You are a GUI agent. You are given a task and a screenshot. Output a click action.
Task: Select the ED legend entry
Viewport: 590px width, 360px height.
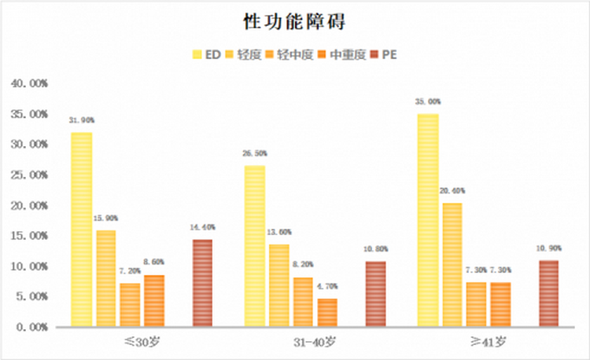pyautogui.click(x=206, y=54)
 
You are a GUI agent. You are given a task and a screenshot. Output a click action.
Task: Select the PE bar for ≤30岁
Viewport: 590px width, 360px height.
pyautogui.click(x=202, y=283)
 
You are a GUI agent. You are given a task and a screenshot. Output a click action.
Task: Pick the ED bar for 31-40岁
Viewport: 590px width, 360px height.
pyautogui.click(x=255, y=246)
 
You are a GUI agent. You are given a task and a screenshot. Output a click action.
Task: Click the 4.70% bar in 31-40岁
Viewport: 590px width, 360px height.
pyautogui.click(x=327, y=312)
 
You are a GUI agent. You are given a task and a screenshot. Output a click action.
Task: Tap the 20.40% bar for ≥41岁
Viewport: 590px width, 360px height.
pyautogui.click(x=452, y=264)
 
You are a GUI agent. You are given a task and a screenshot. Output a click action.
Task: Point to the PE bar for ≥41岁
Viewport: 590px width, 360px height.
pyautogui.click(x=548, y=293)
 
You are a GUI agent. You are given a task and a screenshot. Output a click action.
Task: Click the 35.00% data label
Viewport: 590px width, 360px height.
pyautogui.click(x=428, y=102)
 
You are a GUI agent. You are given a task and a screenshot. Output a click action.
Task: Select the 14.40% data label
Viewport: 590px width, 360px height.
pyautogui.click(x=202, y=227)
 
